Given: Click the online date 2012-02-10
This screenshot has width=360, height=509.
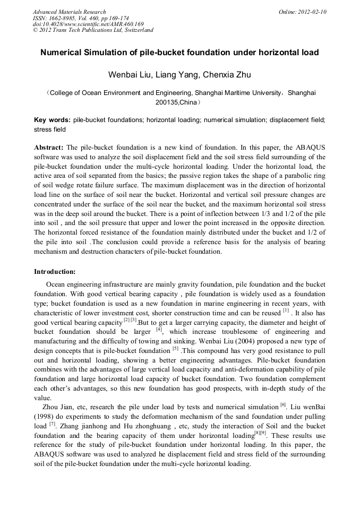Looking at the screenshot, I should (312, 12).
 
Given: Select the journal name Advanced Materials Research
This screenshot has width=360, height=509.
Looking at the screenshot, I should (70, 12).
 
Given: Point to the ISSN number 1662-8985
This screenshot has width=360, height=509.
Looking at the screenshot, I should (65, 18).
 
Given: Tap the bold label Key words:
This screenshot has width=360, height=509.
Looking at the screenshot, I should (52, 120).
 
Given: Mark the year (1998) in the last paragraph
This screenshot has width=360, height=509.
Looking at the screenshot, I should (46, 418).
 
